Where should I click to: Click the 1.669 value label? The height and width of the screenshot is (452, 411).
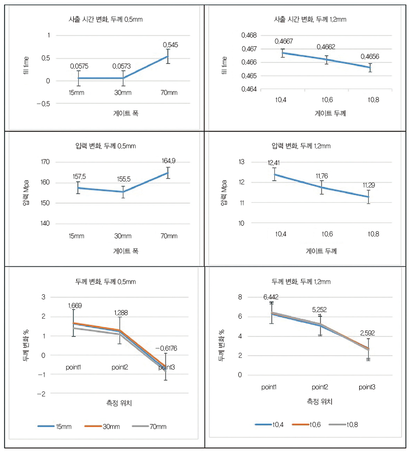click(x=74, y=306)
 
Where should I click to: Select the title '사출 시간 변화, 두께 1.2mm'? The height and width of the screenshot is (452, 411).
click(x=309, y=19)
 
